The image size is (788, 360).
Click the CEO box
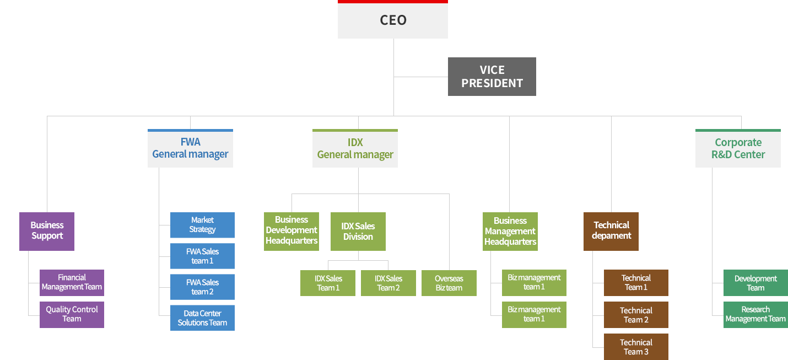click(x=392, y=20)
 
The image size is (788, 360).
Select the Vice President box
click(x=492, y=77)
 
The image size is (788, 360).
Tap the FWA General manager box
click(x=190, y=149)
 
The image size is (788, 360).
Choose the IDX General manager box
click(x=355, y=149)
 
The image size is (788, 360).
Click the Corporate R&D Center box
click(x=738, y=149)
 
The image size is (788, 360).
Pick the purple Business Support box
click(x=47, y=231)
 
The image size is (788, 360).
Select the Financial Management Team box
click(x=72, y=282)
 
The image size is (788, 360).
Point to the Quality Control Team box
click(x=72, y=314)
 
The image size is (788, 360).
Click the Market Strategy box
click(x=202, y=225)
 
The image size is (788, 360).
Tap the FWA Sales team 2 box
click(x=202, y=287)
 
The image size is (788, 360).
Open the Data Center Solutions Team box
click(x=202, y=318)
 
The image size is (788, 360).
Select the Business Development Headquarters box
click(x=291, y=231)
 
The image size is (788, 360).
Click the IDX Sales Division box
click(x=358, y=232)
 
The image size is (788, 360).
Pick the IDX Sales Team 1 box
click(x=328, y=283)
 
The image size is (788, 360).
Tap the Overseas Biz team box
click(x=449, y=283)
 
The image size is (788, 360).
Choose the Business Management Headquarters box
click(x=510, y=232)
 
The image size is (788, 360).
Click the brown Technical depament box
click(x=611, y=231)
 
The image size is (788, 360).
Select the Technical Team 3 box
click(x=636, y=347)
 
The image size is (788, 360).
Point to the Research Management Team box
click(x=755, y=314)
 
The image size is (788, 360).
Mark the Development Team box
click(x=755, y=283)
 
